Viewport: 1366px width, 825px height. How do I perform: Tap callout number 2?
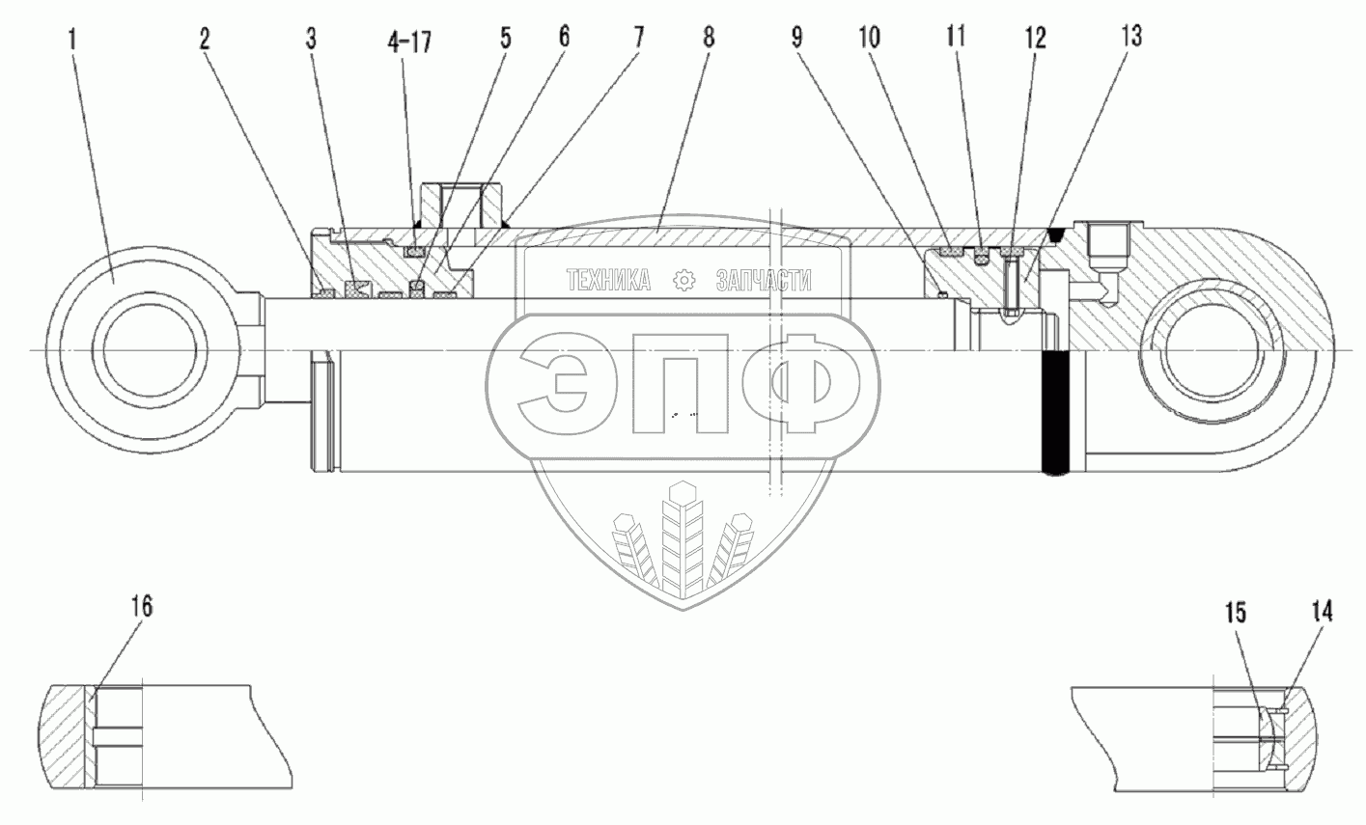click(x=205, y=41)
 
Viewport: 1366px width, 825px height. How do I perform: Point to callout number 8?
click(x=710, y=41)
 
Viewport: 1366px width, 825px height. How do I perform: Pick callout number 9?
click(x=796, y=41)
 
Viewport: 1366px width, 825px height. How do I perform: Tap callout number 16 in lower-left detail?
click(x=142, y=607)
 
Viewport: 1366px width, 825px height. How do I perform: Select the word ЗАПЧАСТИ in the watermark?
click(x=764, y=281)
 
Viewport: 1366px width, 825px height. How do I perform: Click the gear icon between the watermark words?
click(x=684, y=281)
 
